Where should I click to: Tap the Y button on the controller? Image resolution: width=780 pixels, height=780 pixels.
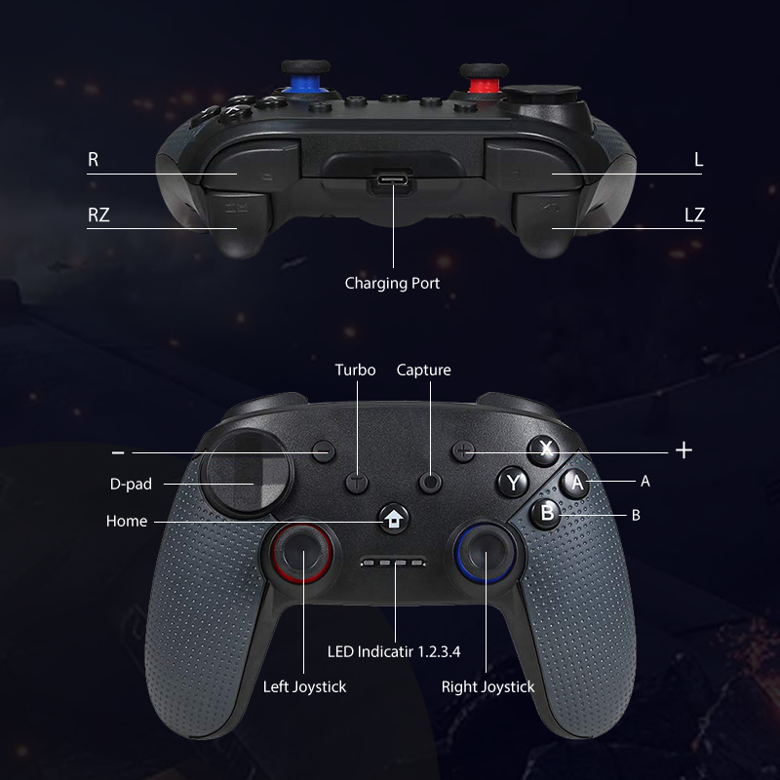pos(514,481)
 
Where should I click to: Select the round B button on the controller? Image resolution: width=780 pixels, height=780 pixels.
pos(547,512)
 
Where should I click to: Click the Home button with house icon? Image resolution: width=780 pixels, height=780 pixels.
pos(393,519)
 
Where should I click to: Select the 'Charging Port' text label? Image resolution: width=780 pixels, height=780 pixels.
pos(392,284)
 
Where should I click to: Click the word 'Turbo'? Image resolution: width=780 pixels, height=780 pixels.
pos(355,370)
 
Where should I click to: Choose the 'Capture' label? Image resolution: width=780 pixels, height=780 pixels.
pos(423,370)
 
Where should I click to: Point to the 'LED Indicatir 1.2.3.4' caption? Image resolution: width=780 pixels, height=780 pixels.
pos(393,651)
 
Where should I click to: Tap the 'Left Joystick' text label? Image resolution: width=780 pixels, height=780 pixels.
pos(304,686)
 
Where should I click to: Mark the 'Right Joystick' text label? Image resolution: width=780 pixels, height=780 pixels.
pos(487,686)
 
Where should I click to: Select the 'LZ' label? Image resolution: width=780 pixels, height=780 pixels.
pos(693,215)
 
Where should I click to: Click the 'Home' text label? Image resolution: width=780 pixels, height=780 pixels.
pos(127,522)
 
